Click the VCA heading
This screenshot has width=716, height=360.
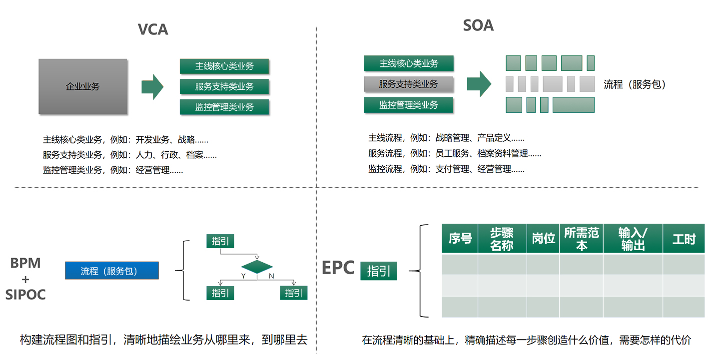point(153,29)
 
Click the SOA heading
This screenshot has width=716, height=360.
point(478,25)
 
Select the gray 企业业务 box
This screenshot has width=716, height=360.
point(83,86)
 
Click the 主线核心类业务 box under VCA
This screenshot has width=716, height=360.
point(224,66)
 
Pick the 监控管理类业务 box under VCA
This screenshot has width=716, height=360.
point(224,107)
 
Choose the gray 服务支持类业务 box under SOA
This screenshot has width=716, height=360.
point(408,84)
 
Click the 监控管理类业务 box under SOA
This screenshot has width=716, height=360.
point(408,105)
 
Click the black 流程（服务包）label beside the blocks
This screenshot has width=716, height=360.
point(635,84)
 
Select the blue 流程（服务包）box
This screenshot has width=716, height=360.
point(112,271)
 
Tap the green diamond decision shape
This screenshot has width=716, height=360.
point(257,266)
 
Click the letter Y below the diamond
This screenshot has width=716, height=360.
point(243,276)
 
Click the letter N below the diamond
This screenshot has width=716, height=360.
point(271,276)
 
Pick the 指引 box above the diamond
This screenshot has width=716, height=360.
point(220,241)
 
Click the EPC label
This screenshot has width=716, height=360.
point(338,268)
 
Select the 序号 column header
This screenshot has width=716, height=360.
point(460,239)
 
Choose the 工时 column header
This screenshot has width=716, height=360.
point(683,239)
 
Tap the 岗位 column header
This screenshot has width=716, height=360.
point(543,239)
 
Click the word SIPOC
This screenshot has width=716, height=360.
point(25,295)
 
